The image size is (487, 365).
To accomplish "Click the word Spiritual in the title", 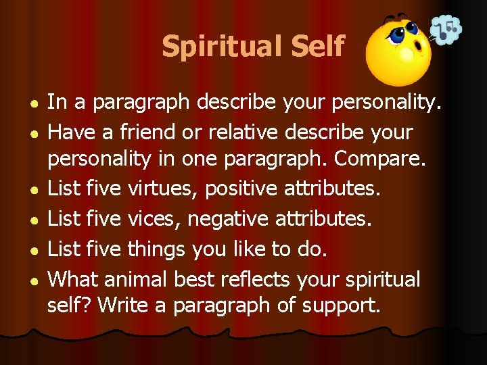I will [220, 47].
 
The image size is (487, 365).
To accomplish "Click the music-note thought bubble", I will [446, 30].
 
